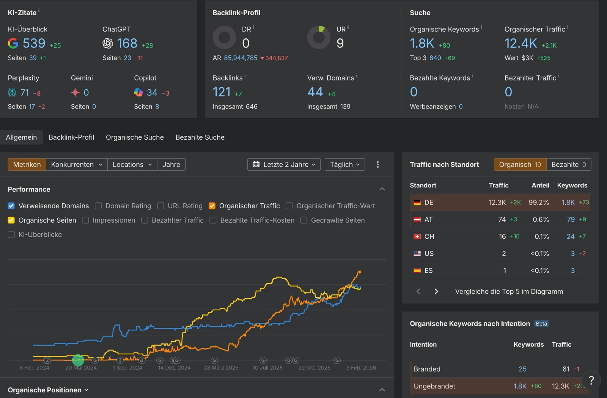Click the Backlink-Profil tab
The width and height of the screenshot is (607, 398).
click(x=71, y=137)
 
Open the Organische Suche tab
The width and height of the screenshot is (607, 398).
click(x=135, y=137)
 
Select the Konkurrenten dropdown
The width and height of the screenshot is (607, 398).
click(x=77, y=165)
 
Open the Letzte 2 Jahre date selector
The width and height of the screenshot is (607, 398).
click(x=284, y=165)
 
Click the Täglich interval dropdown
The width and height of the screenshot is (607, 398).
click(x=344, y=165)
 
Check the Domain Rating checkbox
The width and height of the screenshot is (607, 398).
click(x=99, y=206)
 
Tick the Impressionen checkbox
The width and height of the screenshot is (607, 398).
click(x=86, y=220)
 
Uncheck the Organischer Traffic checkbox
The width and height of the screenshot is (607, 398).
click(x=212, y=206)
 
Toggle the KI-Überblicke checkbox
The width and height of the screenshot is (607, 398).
click(x=11, y=235)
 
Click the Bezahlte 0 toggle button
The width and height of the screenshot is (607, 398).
click(x=568, y=165)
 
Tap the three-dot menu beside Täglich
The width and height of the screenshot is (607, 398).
click(x=377, y=165)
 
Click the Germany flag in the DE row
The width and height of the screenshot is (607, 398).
click(x=417, y=203)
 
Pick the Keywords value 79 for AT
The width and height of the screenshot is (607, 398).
click(x=571, y=220)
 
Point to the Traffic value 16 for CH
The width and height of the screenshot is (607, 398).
click(x=502, y=237)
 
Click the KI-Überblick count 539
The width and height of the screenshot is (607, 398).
click(x=34, y=43)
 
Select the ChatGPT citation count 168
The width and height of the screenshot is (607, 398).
click(x=127, y=43)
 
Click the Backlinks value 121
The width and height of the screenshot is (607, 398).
click(x=222, y=92)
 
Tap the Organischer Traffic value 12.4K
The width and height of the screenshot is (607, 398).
click(x=521, y=43)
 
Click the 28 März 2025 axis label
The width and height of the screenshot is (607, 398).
click(x=221, y=368)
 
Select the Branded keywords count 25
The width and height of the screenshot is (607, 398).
click(x=522, y=369)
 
